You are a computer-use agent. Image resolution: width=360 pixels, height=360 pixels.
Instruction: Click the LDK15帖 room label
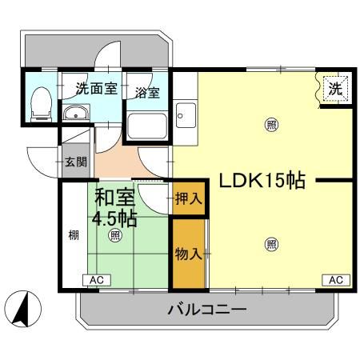coord(257,180)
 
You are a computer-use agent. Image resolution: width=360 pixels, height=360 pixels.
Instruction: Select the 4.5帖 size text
coord(114,217)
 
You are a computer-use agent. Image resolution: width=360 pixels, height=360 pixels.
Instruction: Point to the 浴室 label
coord(146,92)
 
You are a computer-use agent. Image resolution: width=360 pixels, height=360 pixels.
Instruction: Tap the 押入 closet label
coord(187,199)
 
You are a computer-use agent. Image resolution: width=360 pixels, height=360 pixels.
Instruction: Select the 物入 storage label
coord(187,254)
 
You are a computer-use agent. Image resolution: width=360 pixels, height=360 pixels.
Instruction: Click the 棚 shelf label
coord(73,236)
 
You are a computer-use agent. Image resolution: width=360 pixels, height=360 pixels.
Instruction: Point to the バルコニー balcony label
coord(206,310)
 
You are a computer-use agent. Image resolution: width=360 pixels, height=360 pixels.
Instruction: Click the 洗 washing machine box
coord(336,90)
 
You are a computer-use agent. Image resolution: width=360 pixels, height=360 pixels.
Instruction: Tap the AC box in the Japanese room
coord(97,280)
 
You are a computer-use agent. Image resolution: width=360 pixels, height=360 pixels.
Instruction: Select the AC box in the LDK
coord(336,280)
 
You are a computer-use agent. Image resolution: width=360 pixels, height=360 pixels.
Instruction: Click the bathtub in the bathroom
coord(147,123)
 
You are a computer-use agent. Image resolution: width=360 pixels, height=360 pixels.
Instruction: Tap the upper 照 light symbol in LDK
coord(272,124)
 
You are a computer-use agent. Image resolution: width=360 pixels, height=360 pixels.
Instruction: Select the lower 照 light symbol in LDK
coord(272,244)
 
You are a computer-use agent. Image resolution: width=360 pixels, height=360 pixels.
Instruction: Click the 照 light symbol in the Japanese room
coord(115,235)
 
